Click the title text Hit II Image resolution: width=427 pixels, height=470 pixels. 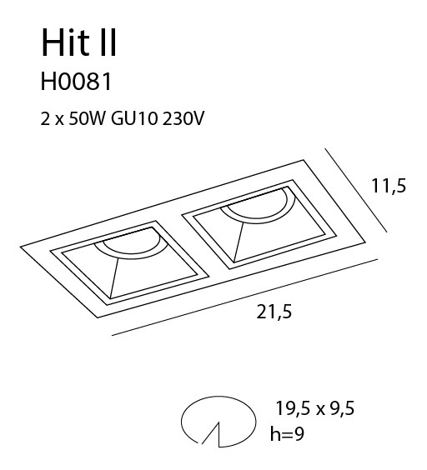coord(78,42)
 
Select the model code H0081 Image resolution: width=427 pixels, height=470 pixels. coord(76,82)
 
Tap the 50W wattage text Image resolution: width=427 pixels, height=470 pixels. coord(88,119)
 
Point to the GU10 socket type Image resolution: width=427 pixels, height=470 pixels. coord(134,119)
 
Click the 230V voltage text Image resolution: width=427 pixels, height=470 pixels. coord(183,119)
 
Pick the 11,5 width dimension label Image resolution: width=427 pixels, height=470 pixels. coord(389,186)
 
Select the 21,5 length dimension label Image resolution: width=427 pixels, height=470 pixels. coord(274,312)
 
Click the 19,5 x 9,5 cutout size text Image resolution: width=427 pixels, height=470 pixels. coord(315,408)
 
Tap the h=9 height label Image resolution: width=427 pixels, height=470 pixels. coord(287,433)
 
